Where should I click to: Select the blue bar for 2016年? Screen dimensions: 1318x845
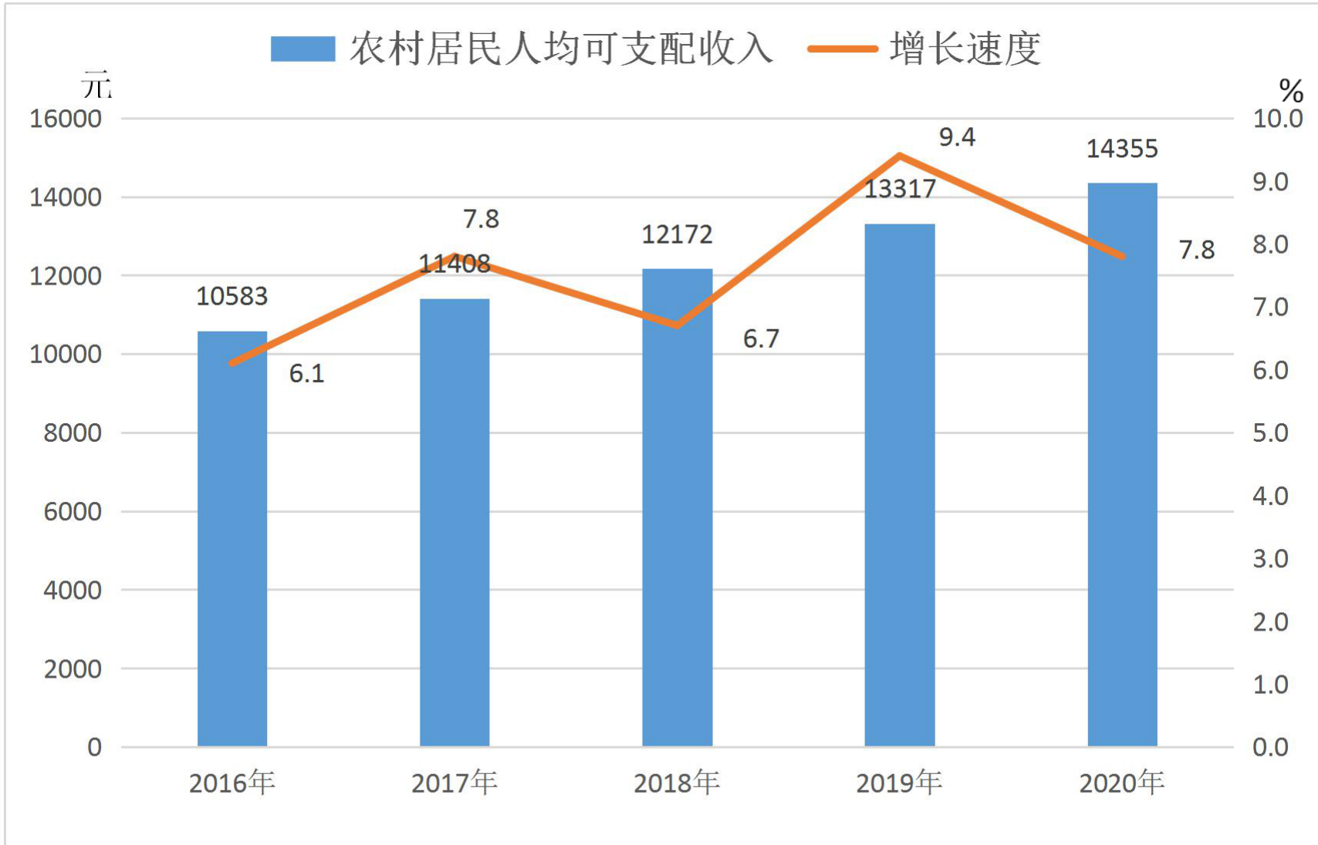click(231, 539)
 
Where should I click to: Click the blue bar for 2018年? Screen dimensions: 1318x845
click(678, 507)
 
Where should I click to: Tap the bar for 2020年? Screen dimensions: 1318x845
click(1123, 465)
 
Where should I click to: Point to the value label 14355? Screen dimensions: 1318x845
click(1122, 149)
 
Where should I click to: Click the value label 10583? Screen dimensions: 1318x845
click(231, 296)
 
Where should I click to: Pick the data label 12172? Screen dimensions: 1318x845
click(677, 235)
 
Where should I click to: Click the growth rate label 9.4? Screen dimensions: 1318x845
click(958, 137)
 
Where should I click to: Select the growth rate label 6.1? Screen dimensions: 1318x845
click(306, 373)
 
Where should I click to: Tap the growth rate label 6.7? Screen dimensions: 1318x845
click(761, 338)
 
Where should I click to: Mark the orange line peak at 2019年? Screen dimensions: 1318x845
click(900, 156)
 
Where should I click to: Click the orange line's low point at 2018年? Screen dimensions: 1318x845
click(678, 325)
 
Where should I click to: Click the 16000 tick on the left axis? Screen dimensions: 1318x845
click(66, 119)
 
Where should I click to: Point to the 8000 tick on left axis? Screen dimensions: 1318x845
click(73, 433)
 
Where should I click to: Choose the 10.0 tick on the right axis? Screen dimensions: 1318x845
click(1277, 119)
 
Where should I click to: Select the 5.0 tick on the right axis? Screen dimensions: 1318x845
click(1270, 433)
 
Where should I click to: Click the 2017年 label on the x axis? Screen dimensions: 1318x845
click(455, 783)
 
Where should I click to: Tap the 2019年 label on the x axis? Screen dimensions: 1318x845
click(899, 783)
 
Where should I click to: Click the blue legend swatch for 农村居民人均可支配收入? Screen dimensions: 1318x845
click(303, 49)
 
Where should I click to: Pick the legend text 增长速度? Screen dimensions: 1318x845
click(965, 49)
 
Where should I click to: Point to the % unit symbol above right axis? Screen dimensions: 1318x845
click(1291, 90)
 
